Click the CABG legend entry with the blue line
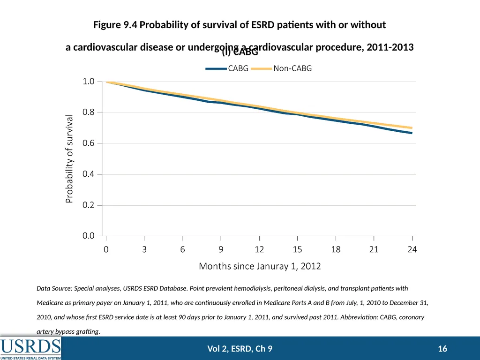pyautogui.click(x=227, y=68)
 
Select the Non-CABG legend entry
pyautogui.click(x=281, y=68)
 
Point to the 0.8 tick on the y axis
pyautogui.click(x=88, y=112)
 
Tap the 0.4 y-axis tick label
pyautogui.click(x=88, y=174)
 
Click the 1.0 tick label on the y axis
pyautogui.click(x=88, y=82)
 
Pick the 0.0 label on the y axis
pyautogui.click(x=88, y=236)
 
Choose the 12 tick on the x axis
pyautogui.click(x=259, y=249)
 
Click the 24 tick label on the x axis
pyautogui.click(x=412, y=249)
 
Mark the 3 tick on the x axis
pyautogui.click(x=144, y=249)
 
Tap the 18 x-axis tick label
pyautogui.click(x=336, y=249)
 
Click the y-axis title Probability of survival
pyautogui.click(x=69, y=159)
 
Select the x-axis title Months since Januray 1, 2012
pyautogui.click(x=260, y=266)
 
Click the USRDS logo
pyautogui.click(x=30, y=348)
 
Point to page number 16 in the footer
pyautogui.click(x=442, y=349)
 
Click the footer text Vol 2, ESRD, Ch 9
pyautogui.click(x=240, y=349)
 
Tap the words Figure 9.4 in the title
pyautogui.click(x=116, y=24)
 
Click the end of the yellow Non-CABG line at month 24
pyautogui.click(x=412, y=127)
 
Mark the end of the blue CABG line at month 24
pyautogui.click(x=412, y=133)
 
